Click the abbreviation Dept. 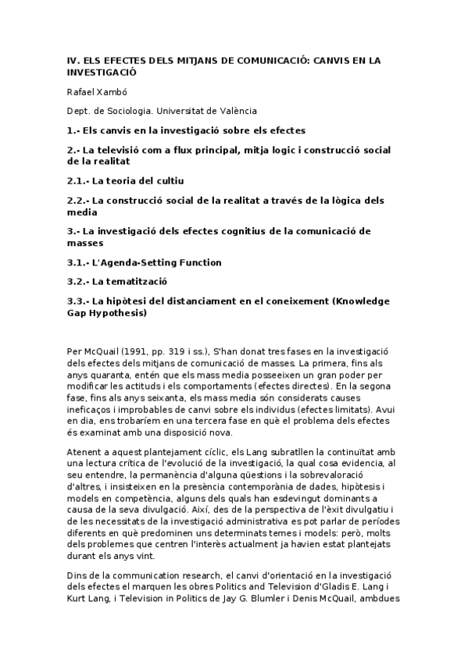(x=79, y=111)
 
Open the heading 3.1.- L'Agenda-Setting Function (x=144, y=262)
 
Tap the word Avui (x=388, y=406)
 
